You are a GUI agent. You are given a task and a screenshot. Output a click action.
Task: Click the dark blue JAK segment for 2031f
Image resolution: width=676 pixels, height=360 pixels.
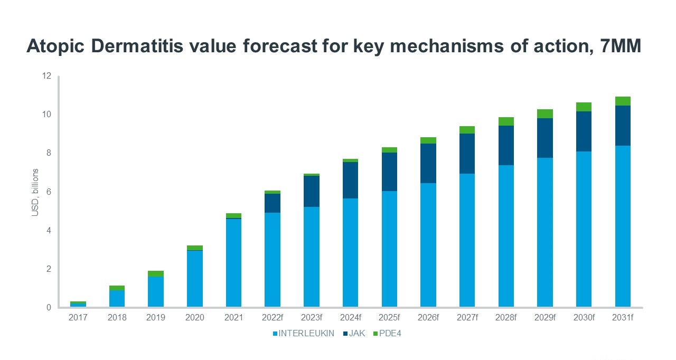click(623, 126)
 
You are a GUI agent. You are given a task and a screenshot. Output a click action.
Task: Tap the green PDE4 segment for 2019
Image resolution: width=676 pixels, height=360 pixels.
click(155, 273)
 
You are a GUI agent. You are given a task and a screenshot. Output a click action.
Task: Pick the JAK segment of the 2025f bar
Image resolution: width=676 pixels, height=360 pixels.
click(389, 172)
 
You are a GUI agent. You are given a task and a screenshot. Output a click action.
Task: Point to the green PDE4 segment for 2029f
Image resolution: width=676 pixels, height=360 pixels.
click(544, 113)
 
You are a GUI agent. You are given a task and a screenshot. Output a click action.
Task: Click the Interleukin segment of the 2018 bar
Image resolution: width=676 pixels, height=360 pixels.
click(117, 298)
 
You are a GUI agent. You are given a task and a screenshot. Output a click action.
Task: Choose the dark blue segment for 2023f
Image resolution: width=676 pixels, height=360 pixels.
click(311, 191)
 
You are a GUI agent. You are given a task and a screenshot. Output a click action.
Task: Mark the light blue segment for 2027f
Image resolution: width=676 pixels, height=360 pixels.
click(467, 240)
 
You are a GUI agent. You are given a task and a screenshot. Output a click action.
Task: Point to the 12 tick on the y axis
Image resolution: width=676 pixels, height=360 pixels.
click(46, 76)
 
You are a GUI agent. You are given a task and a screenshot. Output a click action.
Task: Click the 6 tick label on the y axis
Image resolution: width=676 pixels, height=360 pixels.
click(49, 192)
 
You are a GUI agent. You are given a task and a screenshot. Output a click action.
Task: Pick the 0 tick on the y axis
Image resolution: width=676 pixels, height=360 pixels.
click(49, 307)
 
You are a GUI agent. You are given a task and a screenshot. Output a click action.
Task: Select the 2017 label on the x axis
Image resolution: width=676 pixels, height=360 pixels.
click(78, 318)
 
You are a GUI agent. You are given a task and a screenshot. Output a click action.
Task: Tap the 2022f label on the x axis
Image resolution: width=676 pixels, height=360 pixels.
click(273, 318)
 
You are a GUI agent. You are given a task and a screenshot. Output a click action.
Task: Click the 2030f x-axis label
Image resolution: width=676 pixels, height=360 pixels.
click(584, 318)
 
